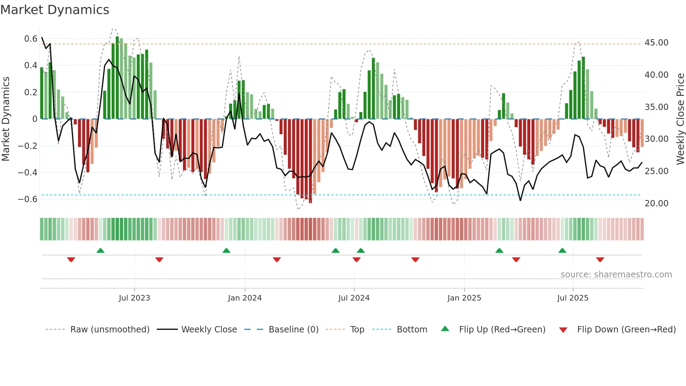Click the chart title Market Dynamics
click(55, 10)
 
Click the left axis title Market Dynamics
click(6, 119)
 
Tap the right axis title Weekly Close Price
click(680, 119)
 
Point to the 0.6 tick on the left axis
click(31, 39)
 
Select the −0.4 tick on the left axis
click(28, 172)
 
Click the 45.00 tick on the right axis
click(656, 43)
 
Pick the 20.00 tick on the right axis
click(656, 204)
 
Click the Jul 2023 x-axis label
click(134, 298)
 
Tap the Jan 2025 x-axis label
click(464, 298)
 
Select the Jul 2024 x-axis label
click(354, 298)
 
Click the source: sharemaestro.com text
click(616, 275)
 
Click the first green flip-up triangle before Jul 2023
click(100, 251)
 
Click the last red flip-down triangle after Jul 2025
click(600, 260)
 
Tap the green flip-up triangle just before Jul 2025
click(562, 251)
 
